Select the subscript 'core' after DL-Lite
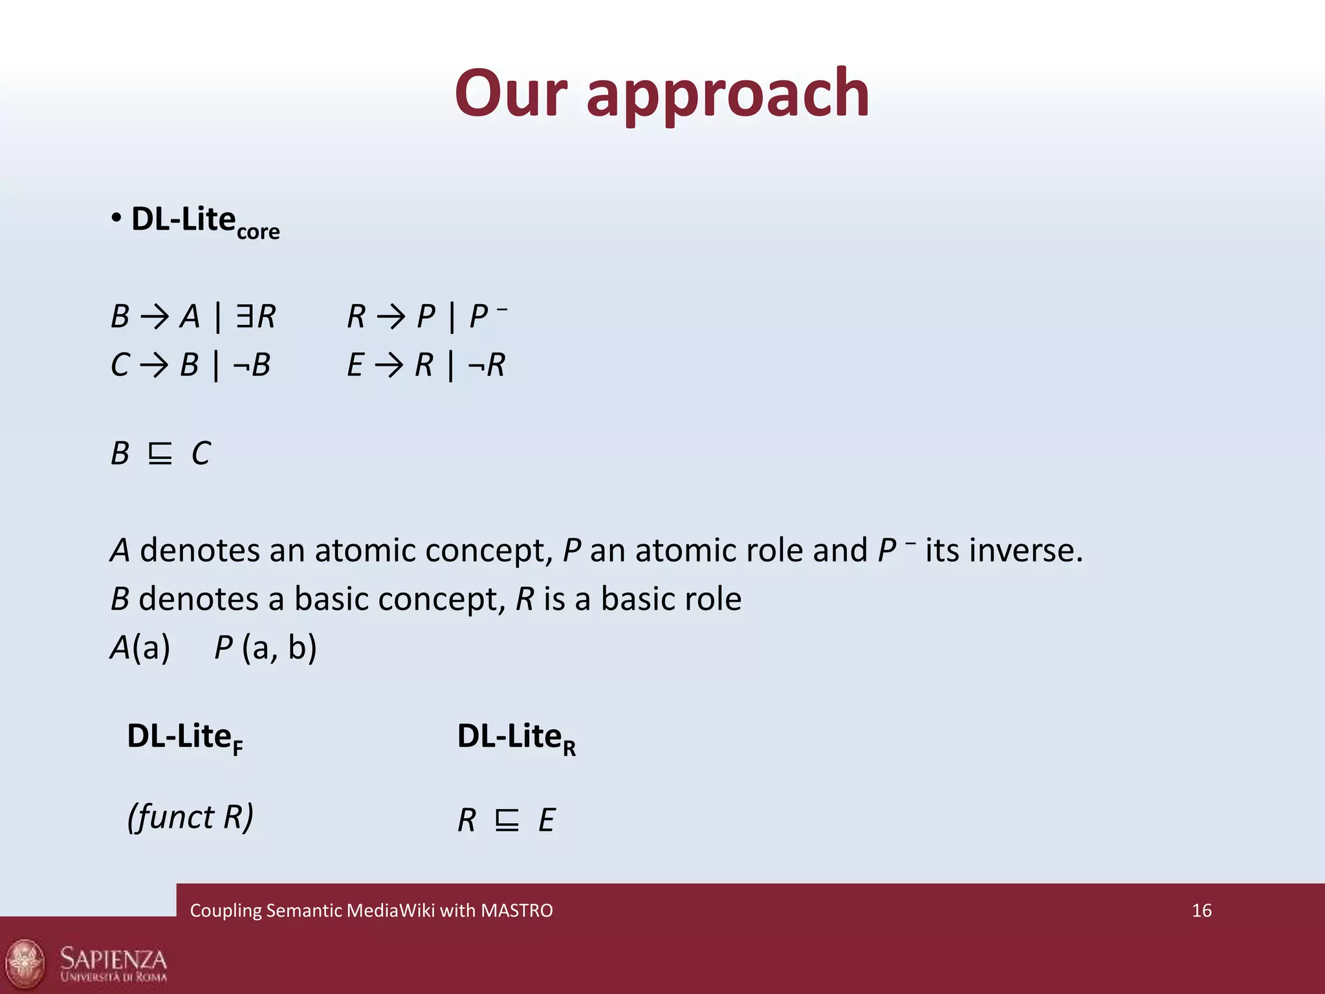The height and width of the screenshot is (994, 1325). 258,232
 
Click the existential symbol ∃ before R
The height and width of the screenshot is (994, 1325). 245,316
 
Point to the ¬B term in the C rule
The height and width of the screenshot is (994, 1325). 252,365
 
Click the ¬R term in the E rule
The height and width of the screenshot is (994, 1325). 487,365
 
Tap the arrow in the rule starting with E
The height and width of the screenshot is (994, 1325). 389,366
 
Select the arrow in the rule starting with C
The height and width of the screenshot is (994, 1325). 154,366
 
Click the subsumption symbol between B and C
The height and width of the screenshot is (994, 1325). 160,454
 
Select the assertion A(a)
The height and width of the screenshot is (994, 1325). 140,647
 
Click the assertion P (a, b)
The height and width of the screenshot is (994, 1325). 265,647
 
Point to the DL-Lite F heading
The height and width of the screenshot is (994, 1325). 185,737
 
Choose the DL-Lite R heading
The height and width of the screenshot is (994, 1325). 516,737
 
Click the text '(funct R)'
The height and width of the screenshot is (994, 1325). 190,817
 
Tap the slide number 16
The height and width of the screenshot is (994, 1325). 1201,911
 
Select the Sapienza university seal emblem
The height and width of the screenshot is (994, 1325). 26,962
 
